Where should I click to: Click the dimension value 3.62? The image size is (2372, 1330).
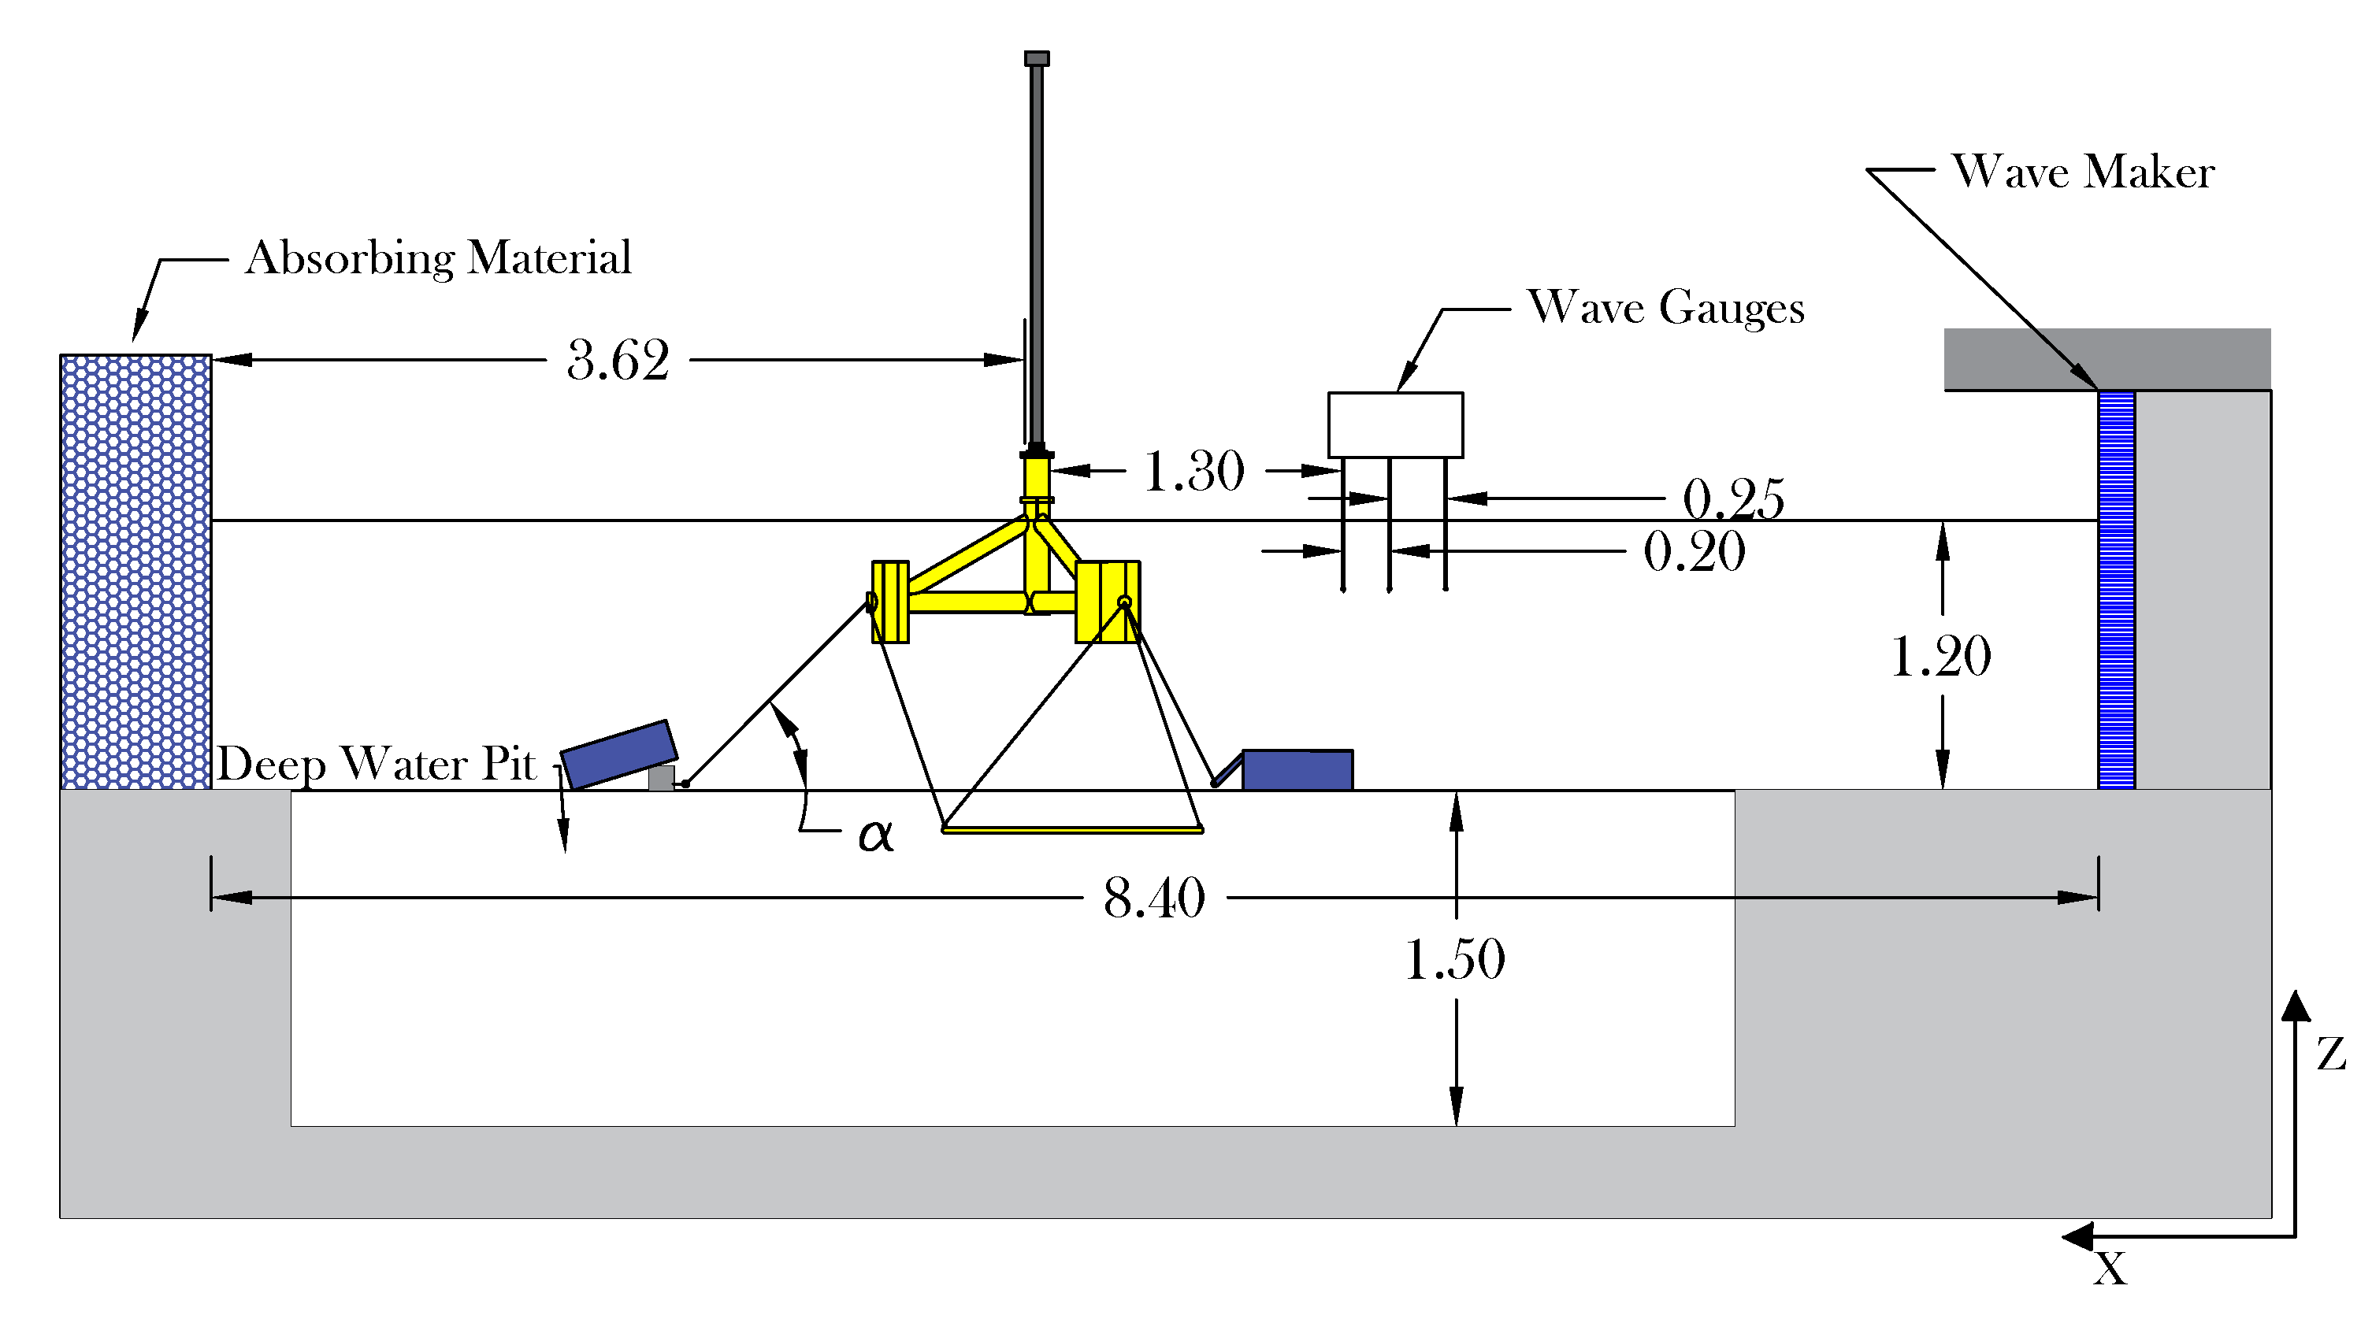point(618,360)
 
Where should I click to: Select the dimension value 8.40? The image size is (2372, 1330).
point(1154,898)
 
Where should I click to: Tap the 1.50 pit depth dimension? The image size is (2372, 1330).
point(1454,959)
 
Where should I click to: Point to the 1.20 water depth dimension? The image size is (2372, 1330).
point(1940,656)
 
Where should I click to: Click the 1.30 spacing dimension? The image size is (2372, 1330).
point(1193,471)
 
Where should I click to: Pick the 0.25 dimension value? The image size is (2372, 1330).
point(1733,500)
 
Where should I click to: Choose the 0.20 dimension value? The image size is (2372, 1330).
point(1695,552)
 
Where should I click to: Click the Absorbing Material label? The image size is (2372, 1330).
point(438,257)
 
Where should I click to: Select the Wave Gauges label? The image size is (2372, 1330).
point(1665,307)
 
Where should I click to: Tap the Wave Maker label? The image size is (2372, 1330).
point(2083,172)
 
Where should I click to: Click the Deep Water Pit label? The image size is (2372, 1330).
point(376,764)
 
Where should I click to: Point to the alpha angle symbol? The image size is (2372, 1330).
point(874,835)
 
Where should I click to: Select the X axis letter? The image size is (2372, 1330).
point(2110,1269)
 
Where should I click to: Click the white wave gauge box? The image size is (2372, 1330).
point(1395,424)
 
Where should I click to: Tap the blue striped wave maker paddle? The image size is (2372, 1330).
point(2116,589)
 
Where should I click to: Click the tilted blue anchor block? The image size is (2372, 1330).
point(618,754)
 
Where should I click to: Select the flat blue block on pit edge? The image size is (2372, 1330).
point(1297,770)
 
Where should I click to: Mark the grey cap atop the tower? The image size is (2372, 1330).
point(1036,59)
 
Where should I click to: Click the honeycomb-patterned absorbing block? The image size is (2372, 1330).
point(135,571)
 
